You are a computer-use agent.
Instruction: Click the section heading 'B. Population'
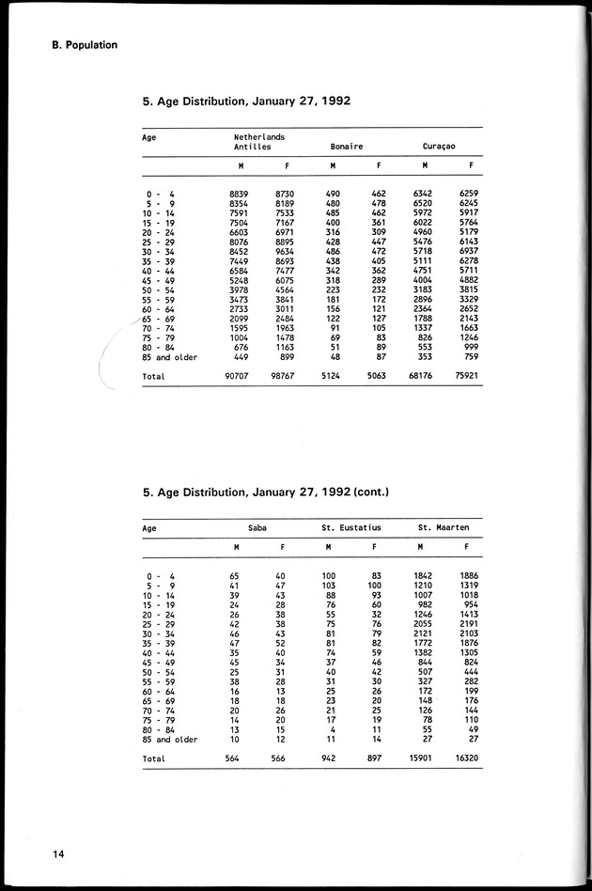pos(78,43)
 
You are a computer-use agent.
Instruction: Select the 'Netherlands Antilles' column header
pos(259,142)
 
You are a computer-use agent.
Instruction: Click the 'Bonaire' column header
pos(347,148)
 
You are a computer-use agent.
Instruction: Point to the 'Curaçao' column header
pos(439,148)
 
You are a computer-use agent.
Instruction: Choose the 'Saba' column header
pos(257,527)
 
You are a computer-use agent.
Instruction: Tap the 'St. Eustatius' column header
pos(349,527)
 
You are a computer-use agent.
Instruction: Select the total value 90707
pos(237,377)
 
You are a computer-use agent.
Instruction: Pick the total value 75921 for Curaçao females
pos(467,377)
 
